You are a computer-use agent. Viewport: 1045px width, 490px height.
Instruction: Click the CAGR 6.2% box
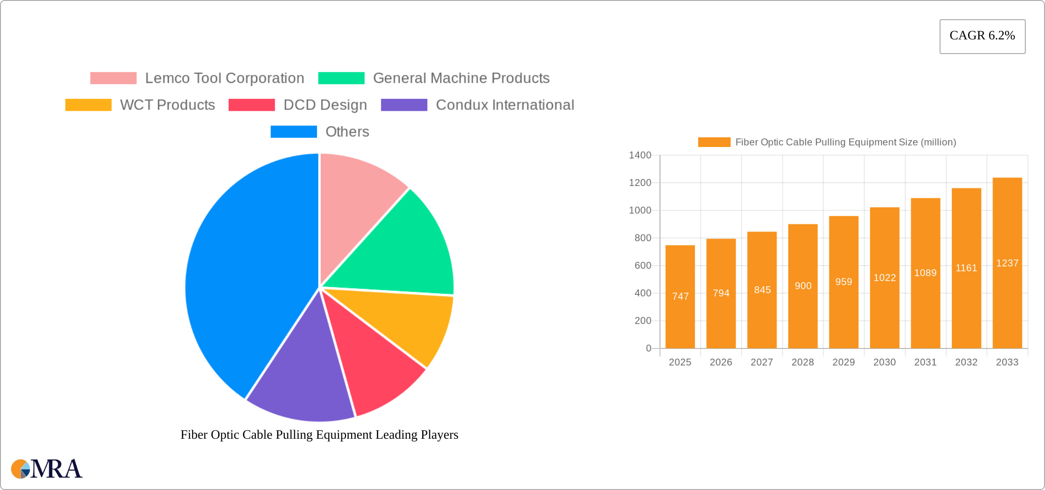point(982,36)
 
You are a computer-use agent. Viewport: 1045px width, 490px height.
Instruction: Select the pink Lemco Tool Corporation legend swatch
point(113,78)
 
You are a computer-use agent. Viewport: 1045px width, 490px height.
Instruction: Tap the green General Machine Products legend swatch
point(341,78)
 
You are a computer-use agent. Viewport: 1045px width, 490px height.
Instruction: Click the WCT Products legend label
point(167,105)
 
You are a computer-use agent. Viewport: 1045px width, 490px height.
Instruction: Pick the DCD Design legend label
point(325,105)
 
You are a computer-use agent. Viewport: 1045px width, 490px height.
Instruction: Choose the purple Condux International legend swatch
point(404,105)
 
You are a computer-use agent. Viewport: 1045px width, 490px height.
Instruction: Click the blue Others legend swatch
point(293,132)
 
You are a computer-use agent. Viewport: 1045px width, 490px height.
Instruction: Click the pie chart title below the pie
point(319,435)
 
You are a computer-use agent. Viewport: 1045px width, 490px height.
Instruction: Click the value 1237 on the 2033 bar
point(1007,263)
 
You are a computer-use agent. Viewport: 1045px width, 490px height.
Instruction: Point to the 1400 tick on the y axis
point(640,155)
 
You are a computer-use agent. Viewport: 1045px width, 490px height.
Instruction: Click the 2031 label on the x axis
point(925,362)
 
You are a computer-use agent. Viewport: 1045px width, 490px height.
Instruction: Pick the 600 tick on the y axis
point(643,266)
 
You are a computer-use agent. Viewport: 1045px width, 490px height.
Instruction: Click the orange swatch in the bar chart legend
point(714,142)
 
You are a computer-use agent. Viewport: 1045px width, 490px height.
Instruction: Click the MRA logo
point(46,469)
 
